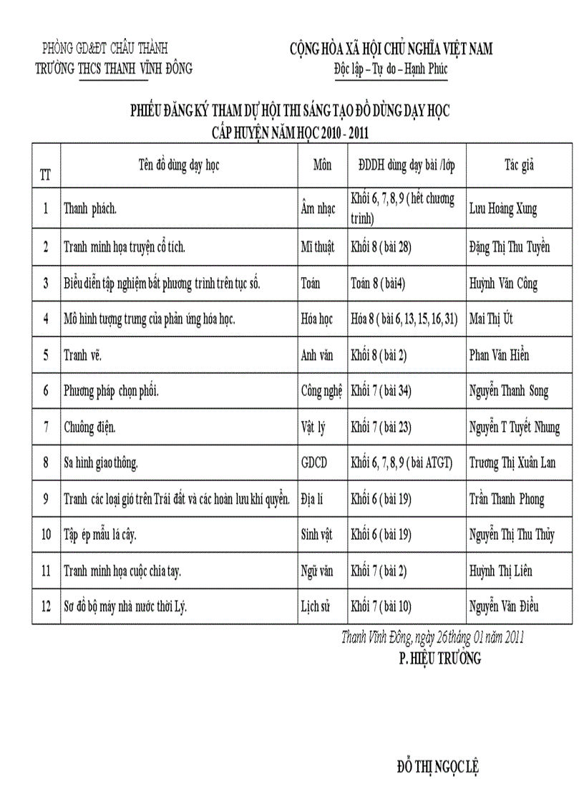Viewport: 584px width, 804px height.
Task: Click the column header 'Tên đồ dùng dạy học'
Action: coord(179,165)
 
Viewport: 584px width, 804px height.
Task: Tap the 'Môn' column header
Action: coord(323,165)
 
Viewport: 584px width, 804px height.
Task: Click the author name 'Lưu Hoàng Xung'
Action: coord(503,209)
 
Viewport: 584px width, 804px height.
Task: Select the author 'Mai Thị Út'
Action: coord(493,319)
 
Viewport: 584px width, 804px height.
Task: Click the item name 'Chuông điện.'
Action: coord(89,427)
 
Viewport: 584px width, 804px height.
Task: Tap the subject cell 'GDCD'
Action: coord(314,463)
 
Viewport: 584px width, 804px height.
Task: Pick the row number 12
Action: coord(46,607)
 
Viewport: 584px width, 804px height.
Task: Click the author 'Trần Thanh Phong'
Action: coord(507,499)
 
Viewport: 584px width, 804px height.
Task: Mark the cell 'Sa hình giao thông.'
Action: coord(100,463)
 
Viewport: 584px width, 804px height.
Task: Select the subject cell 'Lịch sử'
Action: coord(316,607)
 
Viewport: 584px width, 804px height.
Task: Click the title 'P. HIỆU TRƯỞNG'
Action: coord(439,659)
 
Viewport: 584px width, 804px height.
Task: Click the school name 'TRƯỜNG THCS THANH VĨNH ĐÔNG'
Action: coord(114,69)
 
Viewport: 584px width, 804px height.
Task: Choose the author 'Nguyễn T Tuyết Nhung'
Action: coord(515,427)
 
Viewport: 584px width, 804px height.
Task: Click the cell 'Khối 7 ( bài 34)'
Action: coord(381,391)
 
